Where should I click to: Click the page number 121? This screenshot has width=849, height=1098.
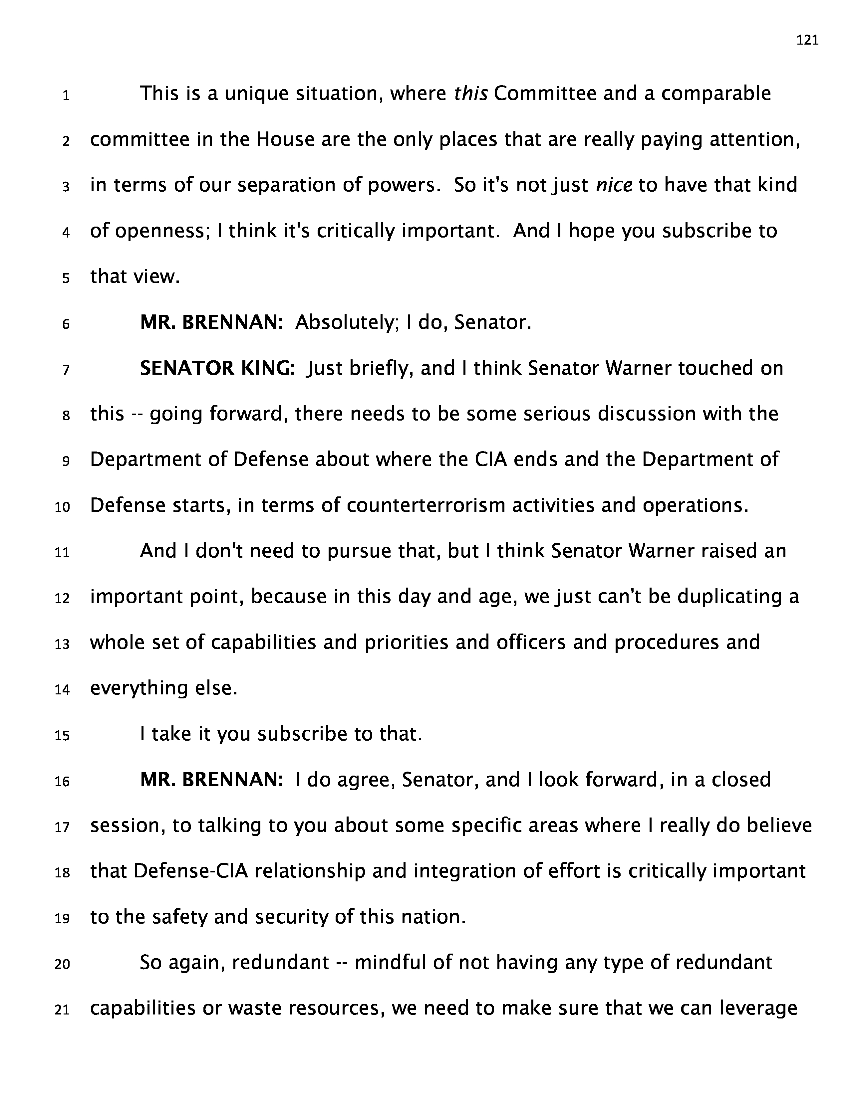pyautogui.click(x=807, y=40)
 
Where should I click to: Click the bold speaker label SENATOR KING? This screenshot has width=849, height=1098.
pyautogui.click(x=217, y=369)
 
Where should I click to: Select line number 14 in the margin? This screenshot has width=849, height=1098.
pyautogui.click(x=62, y=690)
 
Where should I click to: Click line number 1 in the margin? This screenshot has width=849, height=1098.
pyautogui.click(x=66, y=95)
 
